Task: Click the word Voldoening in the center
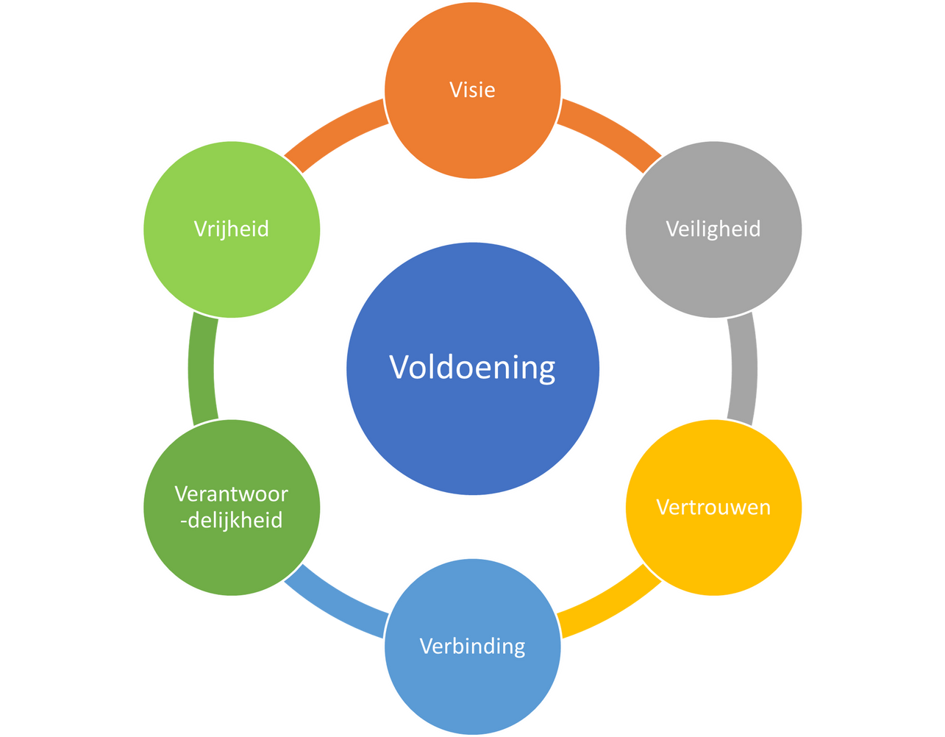tap(472, 366)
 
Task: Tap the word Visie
tap(472, 90)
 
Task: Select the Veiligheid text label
tap(713, 229)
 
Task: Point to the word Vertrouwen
tap(713, 507)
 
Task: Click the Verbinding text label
tap(472, 646)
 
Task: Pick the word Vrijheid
tap(232, 229)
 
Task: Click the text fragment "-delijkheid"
tap(232, 520)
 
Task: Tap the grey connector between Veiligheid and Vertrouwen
tap(743, 368)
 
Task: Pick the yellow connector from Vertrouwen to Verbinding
tap(610, 605)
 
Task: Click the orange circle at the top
tap(472, 132)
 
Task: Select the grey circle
tap(713, 272)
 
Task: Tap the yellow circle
tap(713, 552)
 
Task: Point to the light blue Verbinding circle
tap(472, 691)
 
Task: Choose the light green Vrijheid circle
tap(232, 272)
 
